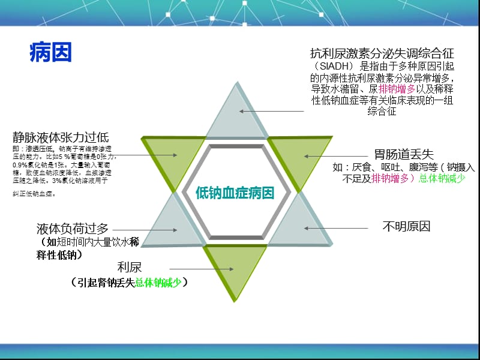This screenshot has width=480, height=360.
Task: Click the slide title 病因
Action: pos(50,53)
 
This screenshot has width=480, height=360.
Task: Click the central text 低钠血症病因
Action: pos(235,193)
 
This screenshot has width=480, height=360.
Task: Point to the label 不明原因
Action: pos(406,227)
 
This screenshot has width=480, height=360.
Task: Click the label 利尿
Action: pos(130,267)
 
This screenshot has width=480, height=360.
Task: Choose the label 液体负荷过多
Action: pos(73,228)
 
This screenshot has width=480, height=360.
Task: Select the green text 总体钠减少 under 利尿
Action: pos(158,282)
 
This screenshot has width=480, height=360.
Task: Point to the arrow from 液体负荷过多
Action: pos(144,229)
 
